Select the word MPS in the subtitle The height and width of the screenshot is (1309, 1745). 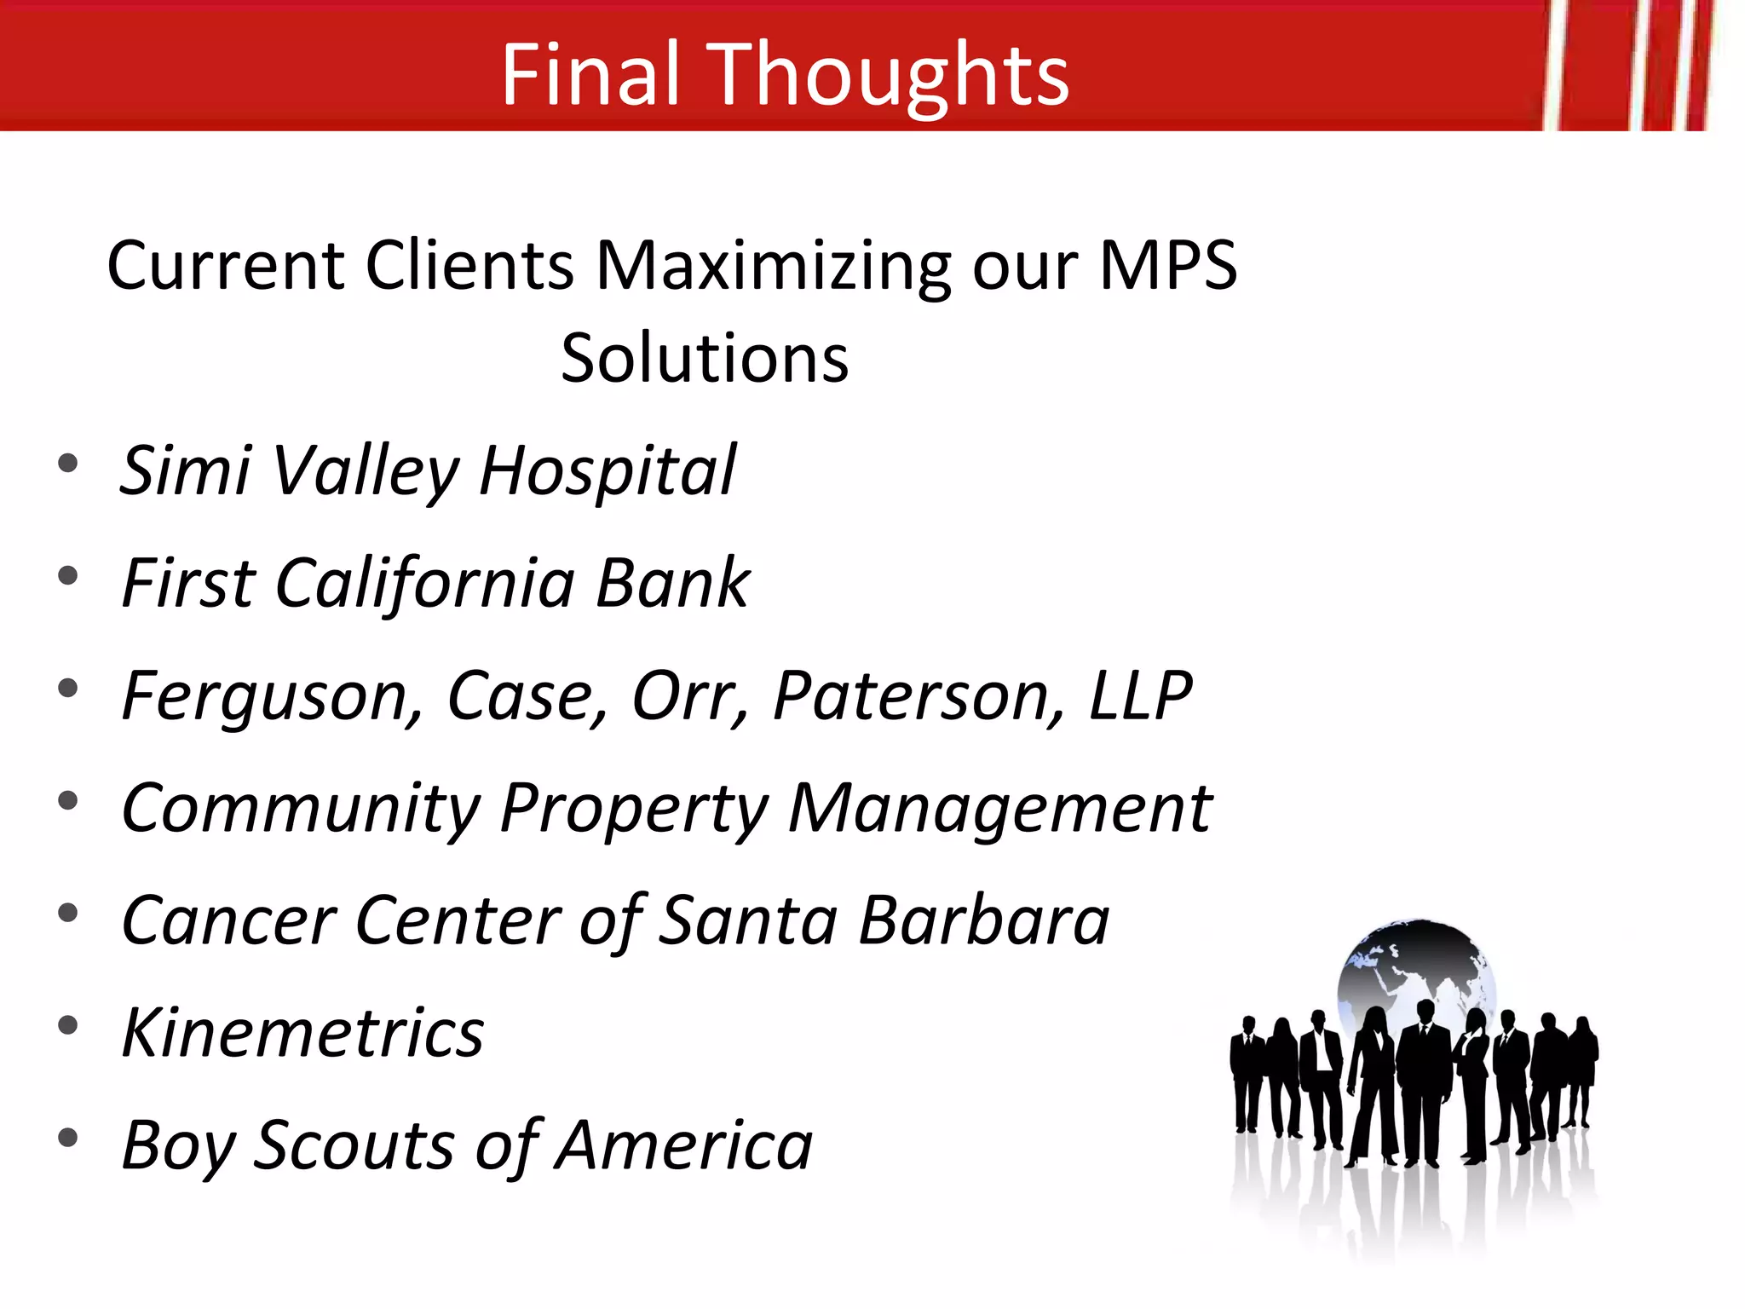[x=1167, y=266]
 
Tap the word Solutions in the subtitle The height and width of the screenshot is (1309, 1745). [x=705, y=359]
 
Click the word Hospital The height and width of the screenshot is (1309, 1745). [x=608, y=471]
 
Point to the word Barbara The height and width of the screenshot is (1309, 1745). [x=984, y=921]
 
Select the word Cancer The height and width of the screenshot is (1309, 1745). [x=229, y=921]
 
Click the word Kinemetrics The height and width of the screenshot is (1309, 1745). [x=302, y=1034]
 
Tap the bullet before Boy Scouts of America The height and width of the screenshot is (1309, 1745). [x=67, y=1138]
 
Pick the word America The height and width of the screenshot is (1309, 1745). [x=686, y=1146]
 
